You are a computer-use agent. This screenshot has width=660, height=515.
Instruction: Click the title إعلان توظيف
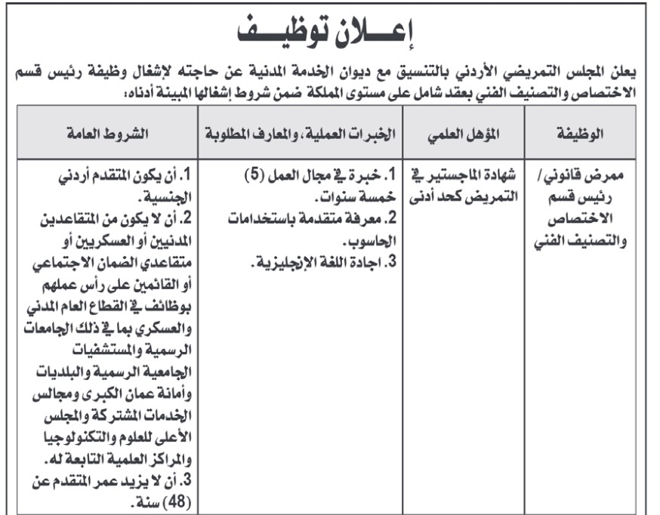point(330,32)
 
